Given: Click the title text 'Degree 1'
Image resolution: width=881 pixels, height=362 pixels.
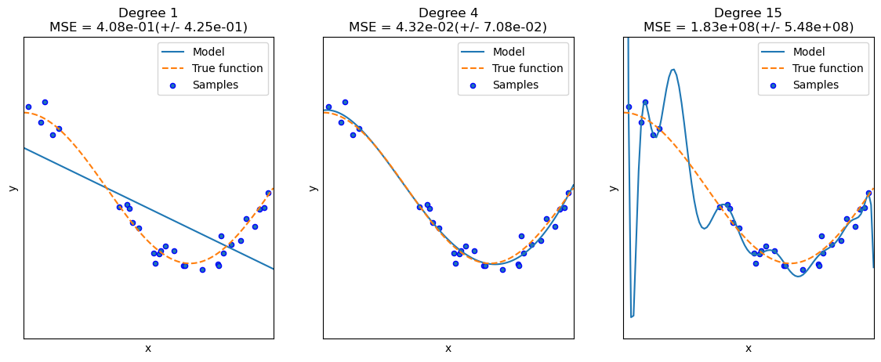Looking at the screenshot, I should pyautogui.click(x=148, y=13).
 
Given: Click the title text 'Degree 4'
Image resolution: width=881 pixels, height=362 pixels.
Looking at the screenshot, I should pyautogui.click(x=448, y=13).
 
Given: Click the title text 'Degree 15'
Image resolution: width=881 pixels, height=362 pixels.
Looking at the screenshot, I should pyautogui.click(x=748, y=13).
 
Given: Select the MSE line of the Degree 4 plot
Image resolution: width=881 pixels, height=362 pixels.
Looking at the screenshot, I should pyautogui.click(x=448, y=27).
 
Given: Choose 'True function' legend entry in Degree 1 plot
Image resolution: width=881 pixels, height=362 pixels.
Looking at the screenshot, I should pyautogui.click(x=227, y=68).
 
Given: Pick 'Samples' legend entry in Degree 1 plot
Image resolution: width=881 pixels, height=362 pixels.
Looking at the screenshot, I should pyautogui.click(x=215, y=85).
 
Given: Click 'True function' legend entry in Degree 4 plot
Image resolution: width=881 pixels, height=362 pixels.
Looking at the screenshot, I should pyautogui.click(x=528, y=68).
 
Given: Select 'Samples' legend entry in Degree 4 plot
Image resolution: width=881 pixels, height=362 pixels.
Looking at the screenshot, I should pyautogui.click(x=515, y=85).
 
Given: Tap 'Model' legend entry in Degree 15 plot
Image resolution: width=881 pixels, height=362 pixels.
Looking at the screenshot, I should pyautogui.click(x=810, y=52).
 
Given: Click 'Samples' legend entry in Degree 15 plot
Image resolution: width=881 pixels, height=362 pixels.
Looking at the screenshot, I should pyautogui.click(x=815, y=85).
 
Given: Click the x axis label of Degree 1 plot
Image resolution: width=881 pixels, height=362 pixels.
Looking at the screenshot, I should pyautogui.click(x=148, y=349).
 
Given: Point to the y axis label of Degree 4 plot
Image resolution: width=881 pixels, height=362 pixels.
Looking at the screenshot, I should pyautogui.click(x=314, y=188).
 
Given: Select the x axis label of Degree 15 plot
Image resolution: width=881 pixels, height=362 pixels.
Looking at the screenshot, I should pyautogui.click(x=748, y=349).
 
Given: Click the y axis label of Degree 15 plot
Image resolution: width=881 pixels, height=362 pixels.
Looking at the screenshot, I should pyautogui.click(x=614, y=188).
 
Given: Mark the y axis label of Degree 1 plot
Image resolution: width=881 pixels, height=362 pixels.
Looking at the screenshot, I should pyautogui.click(x=13, y=188).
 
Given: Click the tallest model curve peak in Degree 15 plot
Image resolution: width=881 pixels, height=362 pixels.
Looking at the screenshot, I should pyautogui.click(x=673, y=70).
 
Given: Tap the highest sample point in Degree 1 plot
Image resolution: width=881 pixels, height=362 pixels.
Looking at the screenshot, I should pyautogui.click(x=45, y=102).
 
